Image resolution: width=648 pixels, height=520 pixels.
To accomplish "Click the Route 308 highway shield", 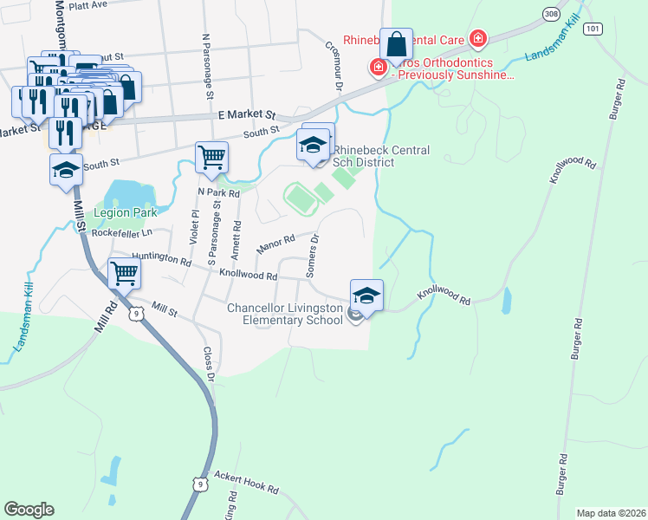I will tap(551, 14).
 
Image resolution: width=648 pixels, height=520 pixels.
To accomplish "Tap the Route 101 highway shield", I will tap(592, 29).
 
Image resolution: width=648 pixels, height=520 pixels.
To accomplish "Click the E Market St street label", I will tap(245, 114).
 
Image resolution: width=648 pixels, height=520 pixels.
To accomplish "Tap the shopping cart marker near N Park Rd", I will tap(211, 157).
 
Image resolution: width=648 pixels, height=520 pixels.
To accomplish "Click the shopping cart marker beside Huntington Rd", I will tap(125, 274).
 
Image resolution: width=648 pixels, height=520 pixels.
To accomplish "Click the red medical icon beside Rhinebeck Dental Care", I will tap(476, 39).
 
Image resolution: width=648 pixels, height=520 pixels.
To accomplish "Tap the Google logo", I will tap(29, 509).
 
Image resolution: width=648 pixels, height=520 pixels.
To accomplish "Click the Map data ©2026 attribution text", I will tap(611, 513).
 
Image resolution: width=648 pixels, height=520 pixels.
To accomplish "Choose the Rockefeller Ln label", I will tap(121, 233).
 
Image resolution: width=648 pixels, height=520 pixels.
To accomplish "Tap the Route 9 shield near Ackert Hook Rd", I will tap(200, 483).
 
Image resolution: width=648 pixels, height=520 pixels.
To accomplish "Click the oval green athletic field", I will tap(301, 199).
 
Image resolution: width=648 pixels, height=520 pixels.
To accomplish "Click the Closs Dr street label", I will tap(208, 365).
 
